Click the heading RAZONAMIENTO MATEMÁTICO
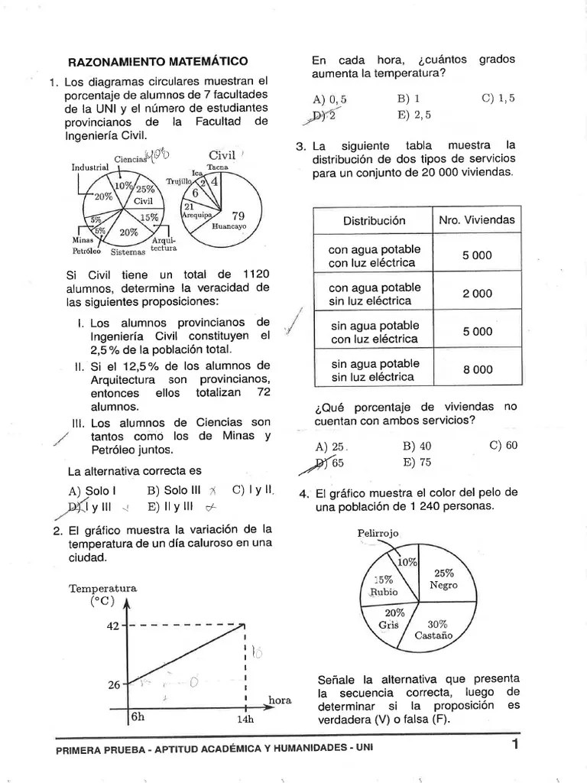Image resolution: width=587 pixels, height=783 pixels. (158, 60)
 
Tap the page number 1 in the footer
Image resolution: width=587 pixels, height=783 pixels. (515, 744)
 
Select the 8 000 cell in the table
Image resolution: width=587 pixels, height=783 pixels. (477, 369)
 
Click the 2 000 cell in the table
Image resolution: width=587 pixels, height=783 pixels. (477, 294)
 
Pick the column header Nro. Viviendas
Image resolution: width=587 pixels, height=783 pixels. (477, 220)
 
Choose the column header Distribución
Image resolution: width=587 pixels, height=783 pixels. (374, 220)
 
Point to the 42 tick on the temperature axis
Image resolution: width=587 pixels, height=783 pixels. (113, 625)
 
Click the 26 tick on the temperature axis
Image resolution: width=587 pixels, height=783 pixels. (113, 684)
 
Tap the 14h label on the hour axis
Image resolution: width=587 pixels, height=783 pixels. (245, 720)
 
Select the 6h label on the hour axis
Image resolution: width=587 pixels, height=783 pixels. (138, 716)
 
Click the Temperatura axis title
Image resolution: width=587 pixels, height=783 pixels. (103, 588)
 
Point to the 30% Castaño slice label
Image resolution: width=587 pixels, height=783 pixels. (434, 629)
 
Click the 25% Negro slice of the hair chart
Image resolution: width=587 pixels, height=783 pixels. (444, 579)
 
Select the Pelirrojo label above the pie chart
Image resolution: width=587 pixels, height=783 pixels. (378, 532)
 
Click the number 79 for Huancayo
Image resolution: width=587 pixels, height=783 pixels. (238, 216)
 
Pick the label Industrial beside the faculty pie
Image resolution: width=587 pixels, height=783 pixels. (90, 167)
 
